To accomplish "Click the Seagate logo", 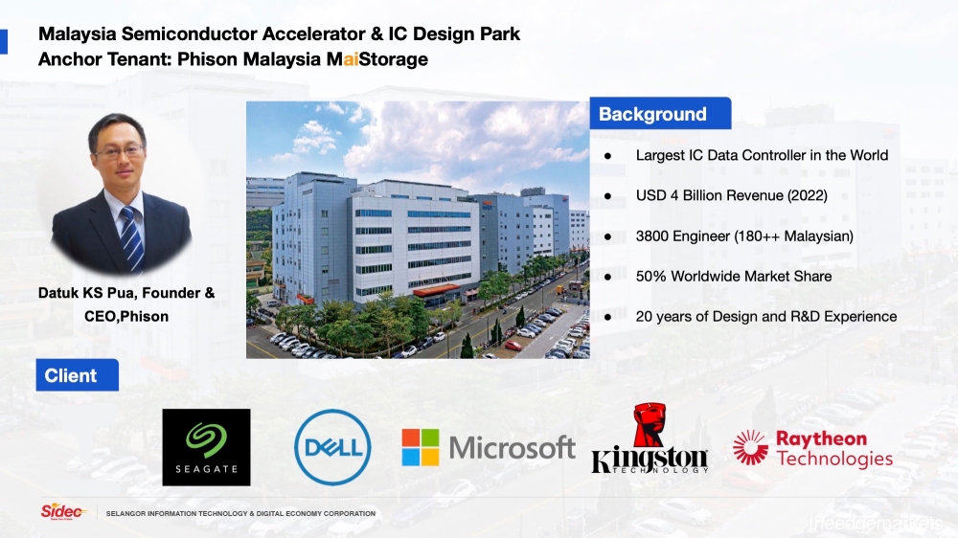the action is coord(207,447).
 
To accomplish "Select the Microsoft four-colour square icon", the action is coord(421,447).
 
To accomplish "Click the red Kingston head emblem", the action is coord(650,424).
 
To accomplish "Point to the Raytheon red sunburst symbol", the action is coord(750,447).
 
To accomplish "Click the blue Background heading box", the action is coord(660,113).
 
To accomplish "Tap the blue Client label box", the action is coord(77,375).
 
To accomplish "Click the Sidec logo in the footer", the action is coord(61,511).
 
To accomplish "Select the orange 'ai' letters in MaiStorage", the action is coord(351,59).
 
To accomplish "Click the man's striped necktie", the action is coord(131,238).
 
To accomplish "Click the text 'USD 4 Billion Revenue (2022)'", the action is coord(731,195).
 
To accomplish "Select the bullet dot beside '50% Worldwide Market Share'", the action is coord(607,278).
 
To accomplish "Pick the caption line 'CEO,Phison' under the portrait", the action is coord(126,316).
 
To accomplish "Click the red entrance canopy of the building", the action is coord(436,290).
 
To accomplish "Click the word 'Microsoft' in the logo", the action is coord(512,448).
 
